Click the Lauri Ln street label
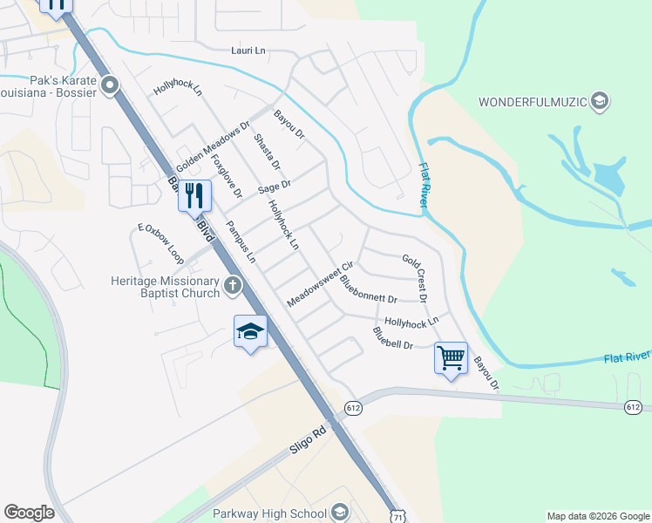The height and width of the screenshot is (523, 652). pyautogui.click(x=248, y=51)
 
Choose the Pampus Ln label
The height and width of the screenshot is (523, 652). pyautogui.click(x=241, y=241)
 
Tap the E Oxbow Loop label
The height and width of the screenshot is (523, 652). pyautogui.click(x=160, y=244)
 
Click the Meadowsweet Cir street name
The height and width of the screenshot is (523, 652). pyautogui.click(x=320, y=283)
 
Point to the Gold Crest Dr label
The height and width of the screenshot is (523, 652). pyautogui.click(x=415, y=277)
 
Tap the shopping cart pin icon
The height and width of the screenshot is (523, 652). pyautogui.click(x=451, y=357)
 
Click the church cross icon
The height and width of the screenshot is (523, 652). pyautogui.click(x=232, y=284)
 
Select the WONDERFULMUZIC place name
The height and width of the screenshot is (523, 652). pyautogui.click(x=533, y=102)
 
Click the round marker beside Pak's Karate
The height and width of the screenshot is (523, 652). pyautogui.click(x=110, y=85)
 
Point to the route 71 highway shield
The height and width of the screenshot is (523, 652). pyautogui.click(x=397, y=515)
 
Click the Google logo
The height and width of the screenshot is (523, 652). pyautogui.click(x=29, y=513)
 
